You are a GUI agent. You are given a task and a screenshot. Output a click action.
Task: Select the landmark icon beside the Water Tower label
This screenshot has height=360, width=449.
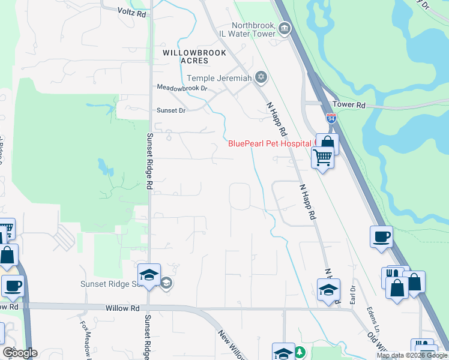(285, 28)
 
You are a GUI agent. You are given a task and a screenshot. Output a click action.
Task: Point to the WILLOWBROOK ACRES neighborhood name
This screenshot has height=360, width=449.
(187, 56)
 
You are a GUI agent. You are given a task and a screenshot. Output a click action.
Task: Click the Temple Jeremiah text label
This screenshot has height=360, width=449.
(220, 78)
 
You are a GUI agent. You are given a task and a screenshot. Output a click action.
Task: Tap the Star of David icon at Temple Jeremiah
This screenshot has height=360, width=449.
(261, 77)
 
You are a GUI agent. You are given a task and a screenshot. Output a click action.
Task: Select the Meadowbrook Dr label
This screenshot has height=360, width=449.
(182, 88)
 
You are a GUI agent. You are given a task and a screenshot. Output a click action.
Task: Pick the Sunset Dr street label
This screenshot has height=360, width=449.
(172, 110)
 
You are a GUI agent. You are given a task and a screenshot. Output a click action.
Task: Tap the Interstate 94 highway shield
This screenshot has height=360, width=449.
(331, 119)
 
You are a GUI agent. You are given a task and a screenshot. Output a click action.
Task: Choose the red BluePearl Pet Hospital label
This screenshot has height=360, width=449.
(270, 143)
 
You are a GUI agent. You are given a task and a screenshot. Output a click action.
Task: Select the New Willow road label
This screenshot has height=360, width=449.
(231, 344)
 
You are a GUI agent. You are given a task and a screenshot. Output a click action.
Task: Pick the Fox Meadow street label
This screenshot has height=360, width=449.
(84, 340)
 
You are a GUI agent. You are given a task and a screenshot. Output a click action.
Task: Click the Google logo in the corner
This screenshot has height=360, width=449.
(20, 353)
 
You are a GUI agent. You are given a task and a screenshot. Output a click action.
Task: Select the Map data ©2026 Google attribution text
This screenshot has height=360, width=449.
(412, 355)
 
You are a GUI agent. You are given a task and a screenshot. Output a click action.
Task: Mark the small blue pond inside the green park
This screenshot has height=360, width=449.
(106, 167)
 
